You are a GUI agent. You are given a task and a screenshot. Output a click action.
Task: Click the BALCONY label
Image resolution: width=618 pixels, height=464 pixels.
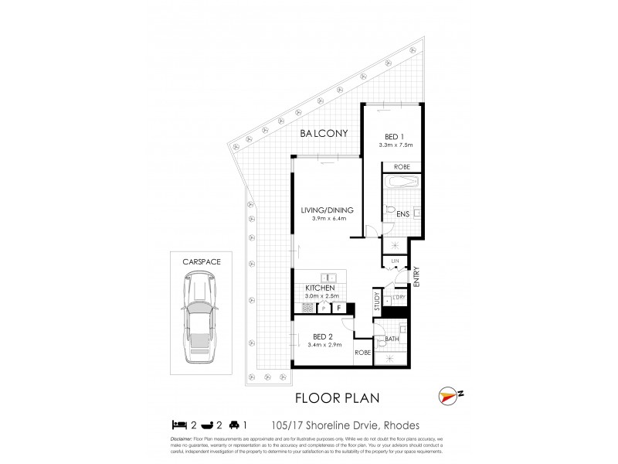[x=324, y=134]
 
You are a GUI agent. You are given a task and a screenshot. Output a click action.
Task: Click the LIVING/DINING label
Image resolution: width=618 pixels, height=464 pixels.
[x=328, y=210]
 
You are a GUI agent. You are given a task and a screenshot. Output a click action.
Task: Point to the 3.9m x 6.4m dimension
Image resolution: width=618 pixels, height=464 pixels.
[x=328, y=219]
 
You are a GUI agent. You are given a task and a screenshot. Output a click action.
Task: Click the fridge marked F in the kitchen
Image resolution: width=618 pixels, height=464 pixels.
[x=338, y=308]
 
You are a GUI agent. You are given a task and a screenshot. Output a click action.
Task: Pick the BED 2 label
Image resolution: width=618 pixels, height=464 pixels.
[x=322, y=336]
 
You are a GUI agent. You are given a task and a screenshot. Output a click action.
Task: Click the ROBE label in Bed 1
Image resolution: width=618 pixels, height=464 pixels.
[x=402, y=166]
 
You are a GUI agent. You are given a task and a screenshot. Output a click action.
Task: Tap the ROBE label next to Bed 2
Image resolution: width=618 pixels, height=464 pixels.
[x=363, y=353]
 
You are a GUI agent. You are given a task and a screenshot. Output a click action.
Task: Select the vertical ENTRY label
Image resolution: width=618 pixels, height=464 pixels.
[x=416, y=278]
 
